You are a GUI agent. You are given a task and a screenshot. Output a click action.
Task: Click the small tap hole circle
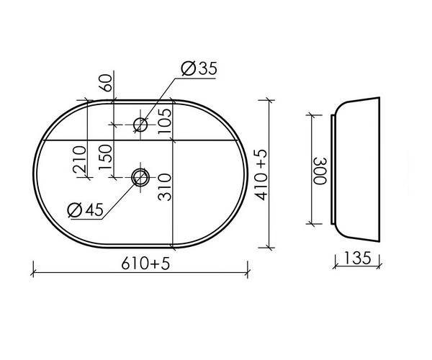click(x=140, y=125)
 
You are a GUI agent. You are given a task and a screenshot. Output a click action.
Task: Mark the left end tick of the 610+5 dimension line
click(x=35, y=272)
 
